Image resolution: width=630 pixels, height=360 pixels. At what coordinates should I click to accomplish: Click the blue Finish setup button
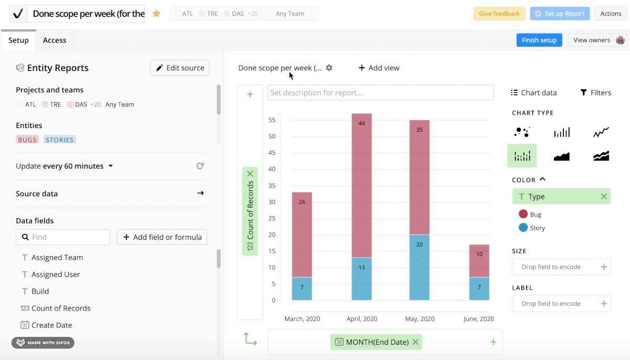(x=539, y=40)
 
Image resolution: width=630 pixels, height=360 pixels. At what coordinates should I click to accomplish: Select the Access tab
(x=55, y=40)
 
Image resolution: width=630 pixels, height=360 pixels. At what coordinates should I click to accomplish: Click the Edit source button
(x=180, y=68)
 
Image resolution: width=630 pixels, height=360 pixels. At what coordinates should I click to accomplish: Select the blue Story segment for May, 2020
(x=419, y=267)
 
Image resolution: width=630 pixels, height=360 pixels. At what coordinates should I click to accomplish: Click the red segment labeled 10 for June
(x=479, y=261)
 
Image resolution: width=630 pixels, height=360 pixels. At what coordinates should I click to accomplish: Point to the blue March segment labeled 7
(x=302, y=289)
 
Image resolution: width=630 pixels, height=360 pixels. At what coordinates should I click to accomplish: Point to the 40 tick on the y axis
(x=271, y=170)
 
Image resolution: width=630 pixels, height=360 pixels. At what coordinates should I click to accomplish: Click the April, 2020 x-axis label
(x=362, y=319)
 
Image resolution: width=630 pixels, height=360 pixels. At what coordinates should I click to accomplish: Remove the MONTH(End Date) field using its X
(x=415, y=342)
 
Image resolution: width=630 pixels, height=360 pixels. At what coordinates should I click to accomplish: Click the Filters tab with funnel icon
(x=595, y=93)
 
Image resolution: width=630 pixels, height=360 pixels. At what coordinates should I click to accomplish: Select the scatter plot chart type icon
(x=522, y=132)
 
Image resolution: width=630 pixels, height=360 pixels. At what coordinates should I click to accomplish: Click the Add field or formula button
(x=162, y=237)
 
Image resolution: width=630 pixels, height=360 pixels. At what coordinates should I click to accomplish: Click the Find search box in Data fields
(x=63, y=237)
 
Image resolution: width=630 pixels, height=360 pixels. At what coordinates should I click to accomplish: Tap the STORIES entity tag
(x=59, y=140)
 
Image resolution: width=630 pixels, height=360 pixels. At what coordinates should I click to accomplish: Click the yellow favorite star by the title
(x=156, y=14)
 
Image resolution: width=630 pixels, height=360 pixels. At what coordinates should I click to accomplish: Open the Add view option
(x=379, y=68)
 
